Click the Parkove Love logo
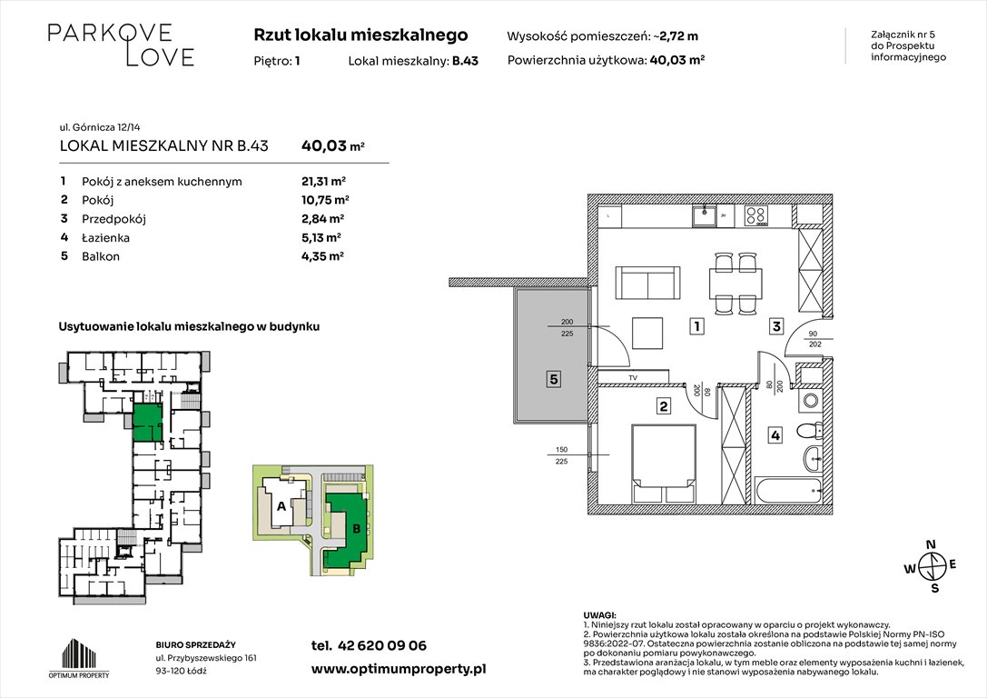click(x=120, y=45)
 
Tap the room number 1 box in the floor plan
click(x=695, y=325)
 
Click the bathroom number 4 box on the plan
click(x=775, y=435)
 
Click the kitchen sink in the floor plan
click(x=705, y=216)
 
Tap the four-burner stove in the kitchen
click(x=756, y=216)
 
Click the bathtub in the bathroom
click(x=789, y=492)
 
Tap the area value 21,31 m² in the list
click(x=323, y=181)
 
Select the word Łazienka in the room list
click(x=106, y=237)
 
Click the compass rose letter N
click(x=929, y=545)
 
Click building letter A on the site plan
click(x=281, y=506)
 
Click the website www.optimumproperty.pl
click(x=398, y=668)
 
